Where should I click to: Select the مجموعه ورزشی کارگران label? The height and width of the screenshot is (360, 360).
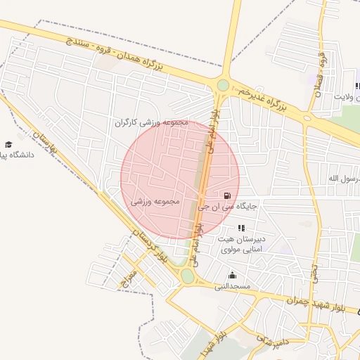click(x=153, y=122)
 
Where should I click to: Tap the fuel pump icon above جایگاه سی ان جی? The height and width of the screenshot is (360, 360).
click(x=226, y=195)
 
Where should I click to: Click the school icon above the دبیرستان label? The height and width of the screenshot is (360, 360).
click(x=241, y=228)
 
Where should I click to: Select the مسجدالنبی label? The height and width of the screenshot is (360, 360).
click(x=232, y=287)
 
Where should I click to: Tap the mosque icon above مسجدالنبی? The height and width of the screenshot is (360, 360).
click(x=232, y=275)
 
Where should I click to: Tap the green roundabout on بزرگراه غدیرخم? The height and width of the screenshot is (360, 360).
click(x=223, y=85)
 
